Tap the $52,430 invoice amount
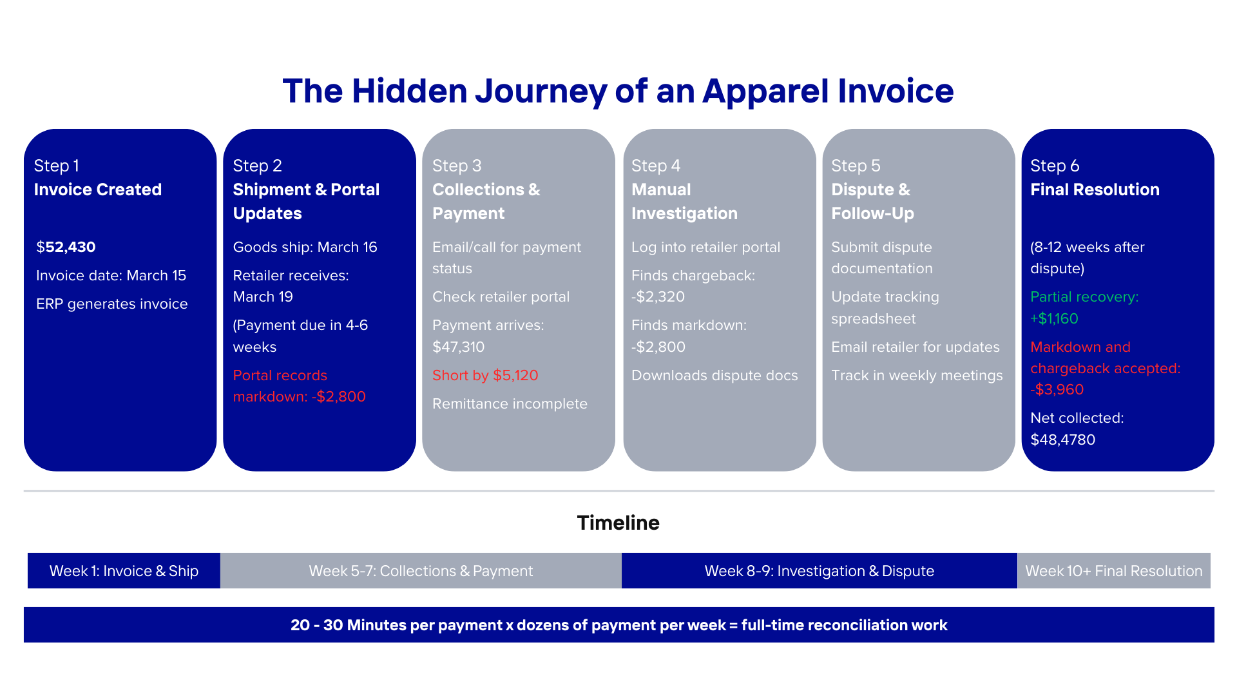click(x=66, y=247)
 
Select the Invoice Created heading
click(x=97, y=189)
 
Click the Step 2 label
click(x=257, y=166)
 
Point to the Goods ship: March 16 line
click(x=305, y=247)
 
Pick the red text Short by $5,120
click(x=485, y=375)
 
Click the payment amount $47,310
click(x=458, y=347)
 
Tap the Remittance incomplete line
click(x=510, y=403)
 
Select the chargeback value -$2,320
click(x=658, y=296)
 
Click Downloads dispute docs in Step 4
click(x=714, y=375)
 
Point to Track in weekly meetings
click(x=917, y=375)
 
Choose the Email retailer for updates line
click(x=915, y=347)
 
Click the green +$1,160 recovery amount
click(x=1054, y=318)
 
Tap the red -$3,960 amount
click(x=1057, y=389)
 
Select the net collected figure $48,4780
click(x=1062, y=440)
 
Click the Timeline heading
click(x=618, y=523)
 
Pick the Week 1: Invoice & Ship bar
click(x=124, y=571)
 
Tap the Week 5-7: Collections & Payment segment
click(x=421, y=571)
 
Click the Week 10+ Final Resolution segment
click(x=1113, y=571)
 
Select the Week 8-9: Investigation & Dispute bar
click(x=819, y=571)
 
